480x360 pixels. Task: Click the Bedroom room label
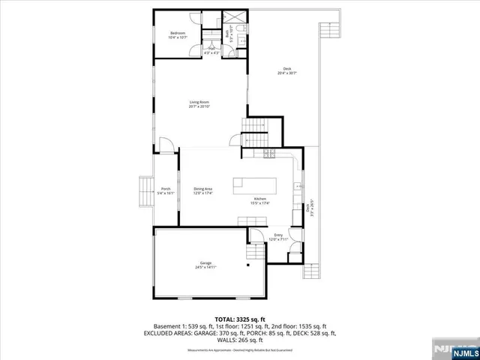tap(178, 34)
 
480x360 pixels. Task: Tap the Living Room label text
tap(199, 103)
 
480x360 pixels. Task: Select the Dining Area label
tap(203, 190)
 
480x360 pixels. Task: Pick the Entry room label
tap(278, 238)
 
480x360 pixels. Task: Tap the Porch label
tap(166, 190)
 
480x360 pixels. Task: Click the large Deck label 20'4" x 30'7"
tap(287, 70)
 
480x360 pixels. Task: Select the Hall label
tap(211, 50)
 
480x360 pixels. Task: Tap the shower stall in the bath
tap(234, 19)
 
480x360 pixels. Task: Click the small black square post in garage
tap(247, 265)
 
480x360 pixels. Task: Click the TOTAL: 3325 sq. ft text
tap(240, 319)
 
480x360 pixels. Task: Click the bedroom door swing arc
tap(193, 49)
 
